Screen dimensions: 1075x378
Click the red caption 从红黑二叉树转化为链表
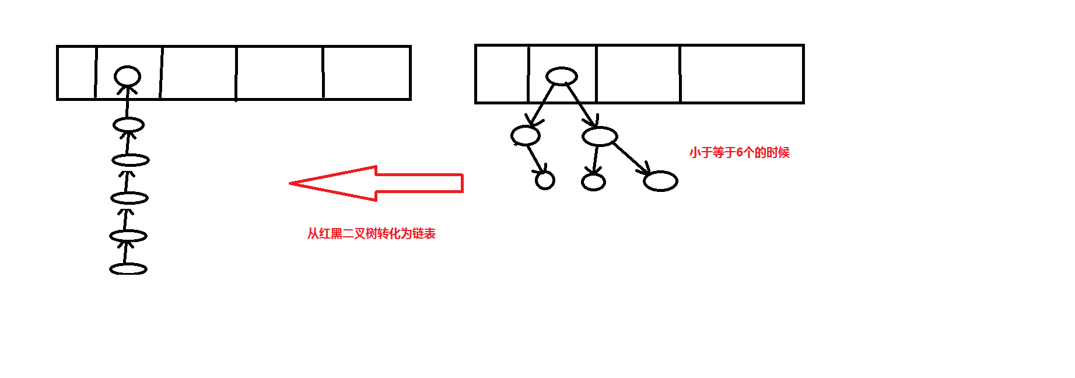(372, 234)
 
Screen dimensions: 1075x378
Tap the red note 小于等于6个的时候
(739, 153)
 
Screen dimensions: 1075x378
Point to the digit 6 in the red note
(740, 153)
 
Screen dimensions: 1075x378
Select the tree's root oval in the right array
(561, 76)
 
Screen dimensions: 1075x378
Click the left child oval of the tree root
(525, 136)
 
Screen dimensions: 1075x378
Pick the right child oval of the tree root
(600, 136)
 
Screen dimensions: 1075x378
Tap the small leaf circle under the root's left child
(545, 181)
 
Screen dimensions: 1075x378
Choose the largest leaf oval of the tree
(660, 181)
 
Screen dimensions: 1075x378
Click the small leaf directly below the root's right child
(593, 182)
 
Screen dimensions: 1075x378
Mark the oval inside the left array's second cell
(127, 76)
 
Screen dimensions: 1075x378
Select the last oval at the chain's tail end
(128, 269)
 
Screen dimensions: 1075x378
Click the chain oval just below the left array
(128, 125)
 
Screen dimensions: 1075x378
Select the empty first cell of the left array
(76, 73)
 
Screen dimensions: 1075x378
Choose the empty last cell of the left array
(366, 73)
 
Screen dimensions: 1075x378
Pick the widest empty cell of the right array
(741, 74)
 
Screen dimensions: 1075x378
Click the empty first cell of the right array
(502, 74)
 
